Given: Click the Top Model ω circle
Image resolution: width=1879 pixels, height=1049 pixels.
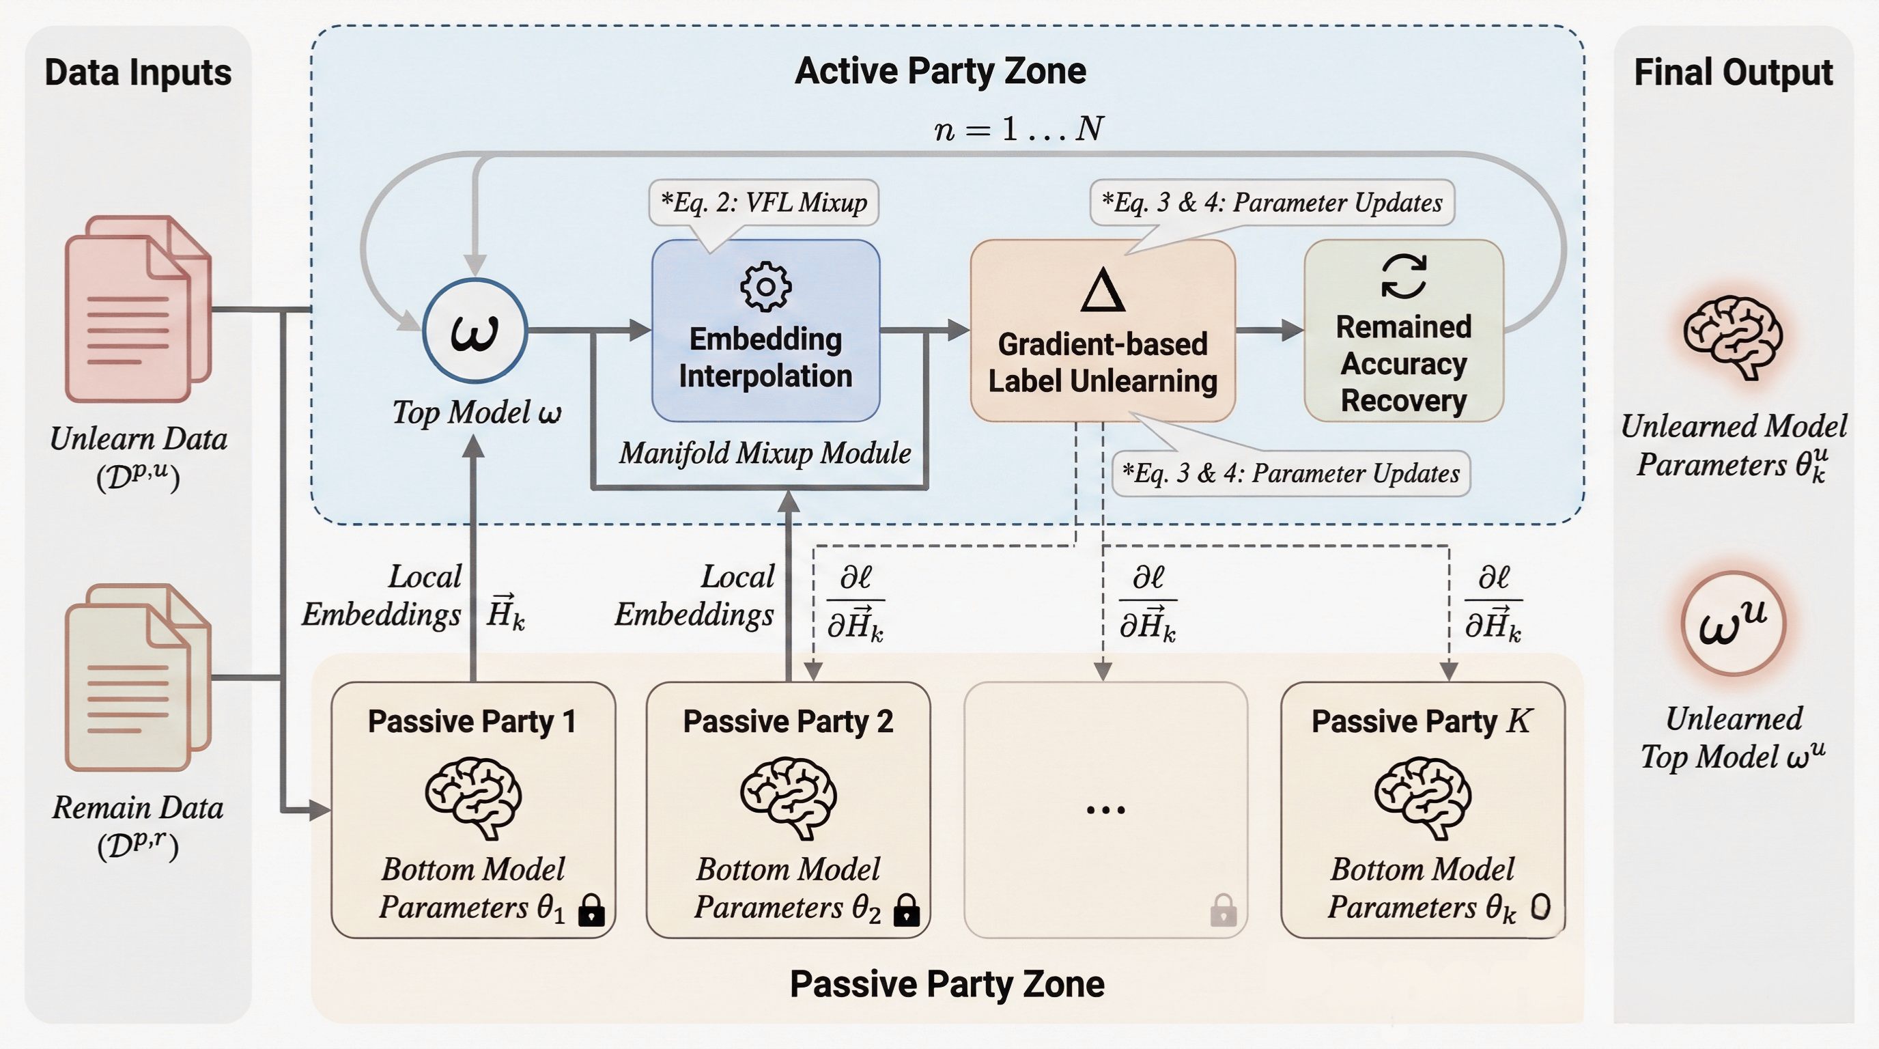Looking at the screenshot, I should (x=475, y=331).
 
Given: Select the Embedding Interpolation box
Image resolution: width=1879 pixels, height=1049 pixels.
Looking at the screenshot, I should (x=765, y=331).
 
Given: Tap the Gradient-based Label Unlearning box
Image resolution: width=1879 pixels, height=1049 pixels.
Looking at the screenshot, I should (x=1102, y=331).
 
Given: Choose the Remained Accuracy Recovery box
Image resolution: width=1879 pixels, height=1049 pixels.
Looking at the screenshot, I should (x=1403, y=331).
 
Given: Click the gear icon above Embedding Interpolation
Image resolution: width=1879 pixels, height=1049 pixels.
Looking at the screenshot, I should (x=765, y=287).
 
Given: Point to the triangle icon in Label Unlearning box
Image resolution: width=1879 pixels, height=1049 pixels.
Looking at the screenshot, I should (x=1102, y=290).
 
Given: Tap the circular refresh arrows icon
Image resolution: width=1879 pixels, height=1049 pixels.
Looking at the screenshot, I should (x=1403, y=276).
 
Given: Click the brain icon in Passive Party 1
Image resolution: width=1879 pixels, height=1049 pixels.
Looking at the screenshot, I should (x=473, y=797).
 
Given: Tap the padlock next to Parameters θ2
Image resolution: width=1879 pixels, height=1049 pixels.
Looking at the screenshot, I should (x=907, y=910).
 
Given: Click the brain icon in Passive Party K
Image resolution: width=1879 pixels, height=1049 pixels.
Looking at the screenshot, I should (x=1422, y=797).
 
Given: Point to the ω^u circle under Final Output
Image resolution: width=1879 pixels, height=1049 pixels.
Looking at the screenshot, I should (x=1733, y=623).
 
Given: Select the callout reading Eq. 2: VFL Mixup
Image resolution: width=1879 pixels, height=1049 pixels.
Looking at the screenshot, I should (x=764, y=202).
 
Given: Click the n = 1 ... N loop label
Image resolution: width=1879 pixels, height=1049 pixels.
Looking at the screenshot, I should (x=1018, y=129).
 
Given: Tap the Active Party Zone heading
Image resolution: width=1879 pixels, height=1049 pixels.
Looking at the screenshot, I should (x=940, y=72).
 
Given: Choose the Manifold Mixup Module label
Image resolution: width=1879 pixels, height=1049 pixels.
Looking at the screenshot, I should (x=765, y=453).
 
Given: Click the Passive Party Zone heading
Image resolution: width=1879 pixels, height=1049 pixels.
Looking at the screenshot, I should (x=947, y=984).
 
